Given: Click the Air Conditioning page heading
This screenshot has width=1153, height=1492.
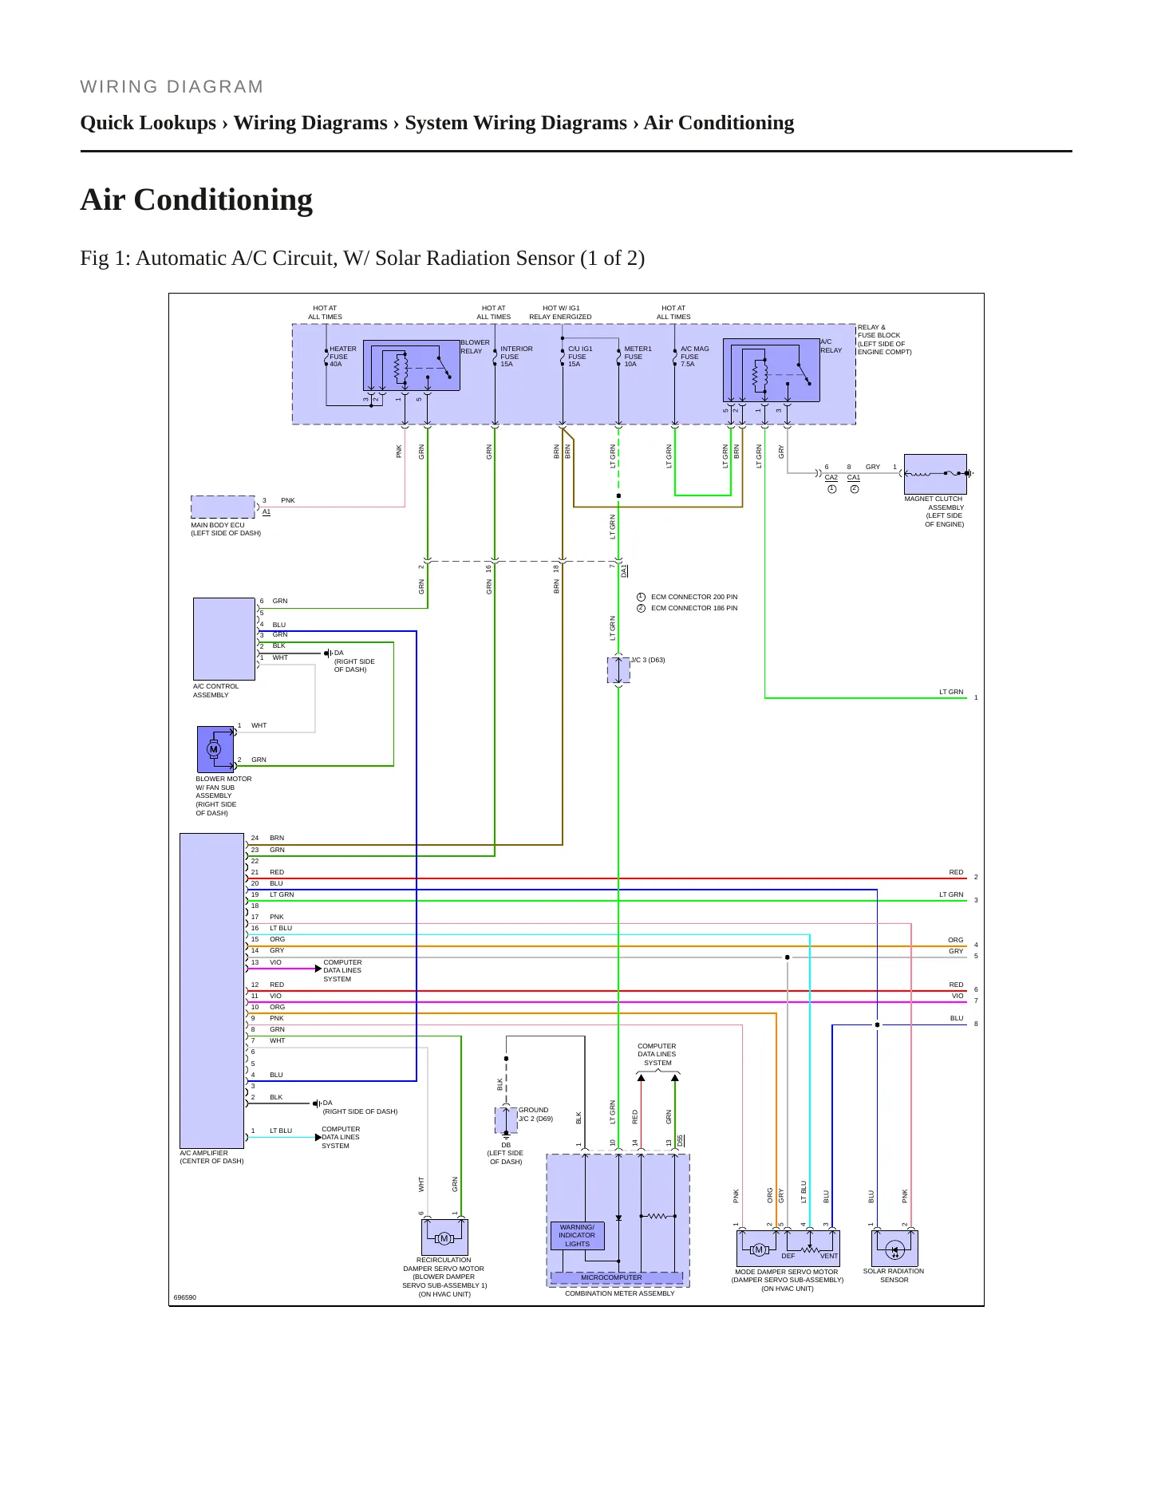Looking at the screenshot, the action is click(x=196, y=200).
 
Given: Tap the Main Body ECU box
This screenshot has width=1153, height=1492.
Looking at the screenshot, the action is click(x=223, y=507).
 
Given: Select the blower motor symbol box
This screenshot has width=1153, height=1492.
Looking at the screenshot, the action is click(x=215, y=749).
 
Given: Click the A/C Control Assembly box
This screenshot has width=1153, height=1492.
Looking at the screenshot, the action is click(x=224, y=639).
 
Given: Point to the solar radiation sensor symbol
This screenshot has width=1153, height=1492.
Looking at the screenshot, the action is click(x=894, y=1248).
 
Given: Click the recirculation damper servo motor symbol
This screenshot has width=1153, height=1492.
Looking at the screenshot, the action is click(x=444, y=1237).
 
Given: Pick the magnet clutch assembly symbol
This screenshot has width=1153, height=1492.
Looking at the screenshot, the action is click(x=935, y=474).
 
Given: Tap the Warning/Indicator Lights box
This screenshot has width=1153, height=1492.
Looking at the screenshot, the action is click(x=577, y=1235).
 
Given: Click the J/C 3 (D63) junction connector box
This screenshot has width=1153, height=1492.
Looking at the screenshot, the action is click(x=618, y=670).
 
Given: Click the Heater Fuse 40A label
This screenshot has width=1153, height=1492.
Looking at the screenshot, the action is click(x=343, y=357).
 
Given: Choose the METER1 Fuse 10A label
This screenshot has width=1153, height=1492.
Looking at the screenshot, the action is click(x=638, y=357).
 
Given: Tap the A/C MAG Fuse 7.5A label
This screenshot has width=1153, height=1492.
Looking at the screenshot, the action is click(x=694, y=357).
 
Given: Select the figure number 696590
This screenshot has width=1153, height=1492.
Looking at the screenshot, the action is click(x=185, y=1297).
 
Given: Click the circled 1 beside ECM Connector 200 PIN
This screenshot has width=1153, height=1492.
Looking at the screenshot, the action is click(x=641, y=597).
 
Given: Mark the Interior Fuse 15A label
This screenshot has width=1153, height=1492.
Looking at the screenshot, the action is click(x=516, y=357).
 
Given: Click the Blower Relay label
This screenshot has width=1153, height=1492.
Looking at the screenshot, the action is click(x=475, y=347).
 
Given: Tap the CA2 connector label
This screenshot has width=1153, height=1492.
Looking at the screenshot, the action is click(x=831, y=478).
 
